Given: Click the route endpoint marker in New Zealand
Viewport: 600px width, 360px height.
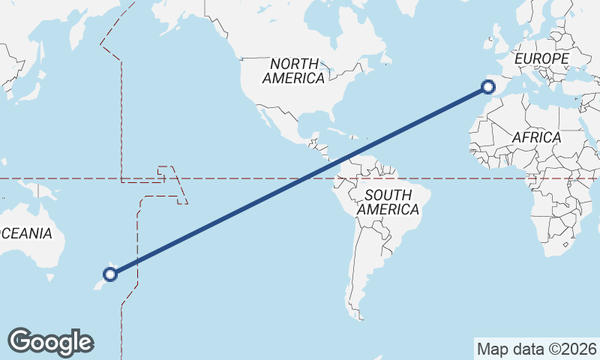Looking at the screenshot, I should (x=110, y=274).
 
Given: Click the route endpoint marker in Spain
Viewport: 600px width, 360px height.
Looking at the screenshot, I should (x=489, y=88).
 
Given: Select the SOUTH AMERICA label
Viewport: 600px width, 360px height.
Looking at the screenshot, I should (x=388, y=202).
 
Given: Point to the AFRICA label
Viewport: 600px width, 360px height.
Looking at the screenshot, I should (x=536, y=137).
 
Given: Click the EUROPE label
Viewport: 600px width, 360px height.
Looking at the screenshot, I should (x=541, y=58).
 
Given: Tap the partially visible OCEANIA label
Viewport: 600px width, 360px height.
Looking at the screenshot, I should (x=27, y=233).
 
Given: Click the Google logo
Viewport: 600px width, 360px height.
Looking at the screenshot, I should (x=50, y=341).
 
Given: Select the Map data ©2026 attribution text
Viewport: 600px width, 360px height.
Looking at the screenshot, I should (x=536, y=349).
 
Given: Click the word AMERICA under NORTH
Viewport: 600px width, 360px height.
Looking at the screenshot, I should (x=294, y=78).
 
